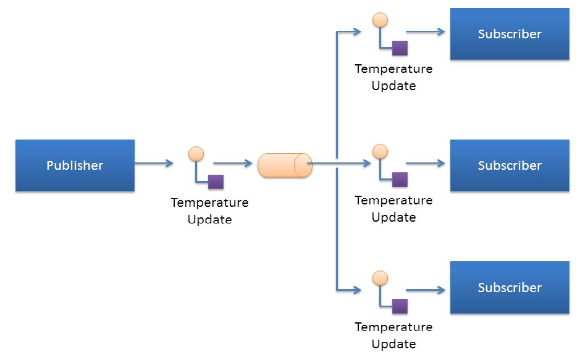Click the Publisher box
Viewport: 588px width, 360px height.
pos(75,165)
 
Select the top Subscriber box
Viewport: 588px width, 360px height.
pos(510,34)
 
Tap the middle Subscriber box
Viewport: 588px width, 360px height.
pos(510,165)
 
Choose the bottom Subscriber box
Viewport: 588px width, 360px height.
pos(510,288)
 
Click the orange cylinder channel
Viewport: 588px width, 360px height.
pos(285,165)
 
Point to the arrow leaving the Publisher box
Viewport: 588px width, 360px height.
pos(154,164)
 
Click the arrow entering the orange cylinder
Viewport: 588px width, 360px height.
pos(233,164)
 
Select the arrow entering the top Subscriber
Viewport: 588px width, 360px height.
pos(426,32)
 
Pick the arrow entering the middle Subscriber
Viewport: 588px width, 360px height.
pos(426,164)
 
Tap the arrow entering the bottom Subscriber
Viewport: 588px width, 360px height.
pos(426,289)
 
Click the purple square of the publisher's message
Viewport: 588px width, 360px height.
pos(216,182)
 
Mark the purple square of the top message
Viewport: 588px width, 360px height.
pos(400,48)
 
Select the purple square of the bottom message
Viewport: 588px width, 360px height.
pos(400,306)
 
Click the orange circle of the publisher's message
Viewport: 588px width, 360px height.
pos(196,154)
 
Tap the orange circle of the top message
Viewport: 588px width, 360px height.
pos(380,20)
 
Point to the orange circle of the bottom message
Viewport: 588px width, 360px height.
pos(380,278)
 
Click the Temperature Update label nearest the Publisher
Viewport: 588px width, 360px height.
pos(209,211)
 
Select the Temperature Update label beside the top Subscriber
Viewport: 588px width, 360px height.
pos(393,77)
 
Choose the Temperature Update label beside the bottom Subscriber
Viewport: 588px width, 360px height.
pos(393,335)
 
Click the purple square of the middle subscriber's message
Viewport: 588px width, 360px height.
pos(400,180)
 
